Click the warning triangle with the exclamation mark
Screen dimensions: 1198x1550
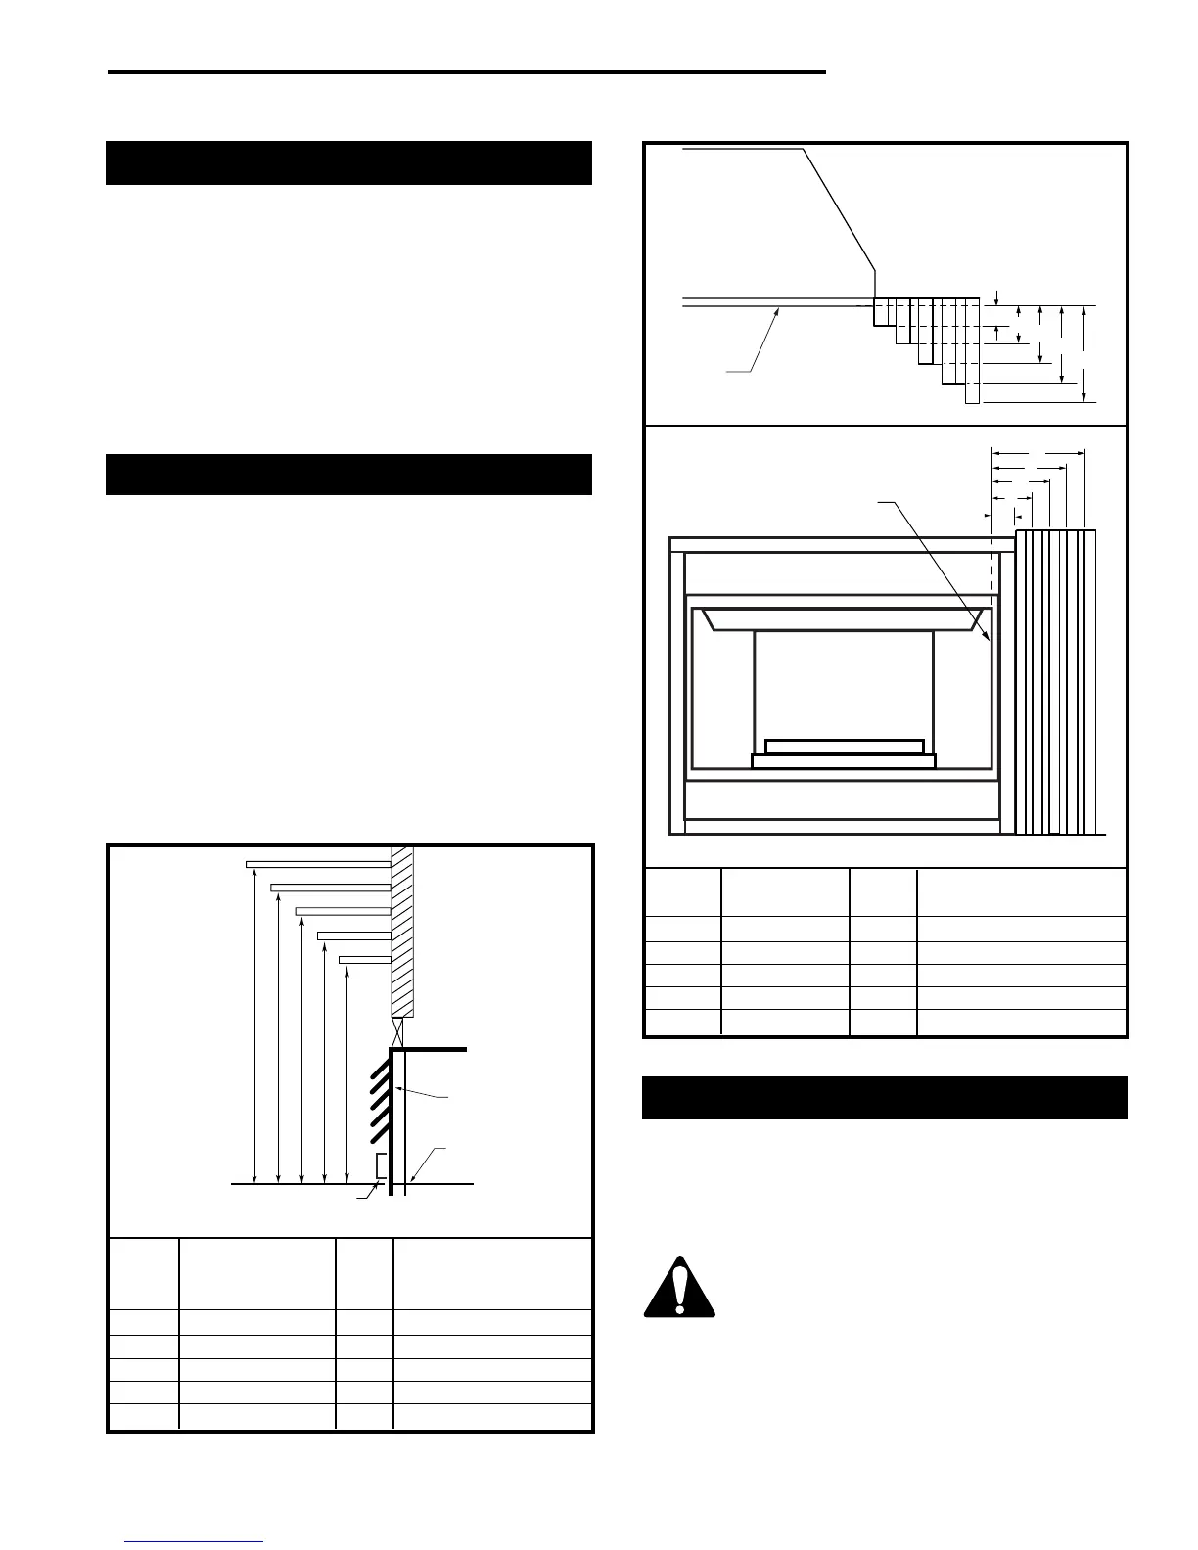[x=679, y=1287]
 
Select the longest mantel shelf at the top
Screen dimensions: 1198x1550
[x=317, y=864]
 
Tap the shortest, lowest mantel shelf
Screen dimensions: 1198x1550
[x=364, y=960]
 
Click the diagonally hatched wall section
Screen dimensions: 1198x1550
[x=402, y=930]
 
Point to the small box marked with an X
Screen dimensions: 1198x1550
[x=397, y=1031]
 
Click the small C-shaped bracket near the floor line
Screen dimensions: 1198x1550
[x=382, y=1165]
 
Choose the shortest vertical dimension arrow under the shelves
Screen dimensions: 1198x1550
[x=347, y=1076]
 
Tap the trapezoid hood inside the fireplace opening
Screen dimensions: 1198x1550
[x=842, y=618]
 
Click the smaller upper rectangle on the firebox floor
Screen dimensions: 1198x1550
[x=844, y=747]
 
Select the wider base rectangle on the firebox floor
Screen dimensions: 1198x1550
[x=844, y=761]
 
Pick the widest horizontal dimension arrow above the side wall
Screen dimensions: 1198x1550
[x=1038, y=453]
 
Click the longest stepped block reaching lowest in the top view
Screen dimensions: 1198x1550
[x=972, y=352]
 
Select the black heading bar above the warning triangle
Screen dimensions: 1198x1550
[x=885, y=1098]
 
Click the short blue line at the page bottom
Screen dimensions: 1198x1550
[x=193, y=1542]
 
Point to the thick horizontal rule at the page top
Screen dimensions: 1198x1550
[x=466, y=71]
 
